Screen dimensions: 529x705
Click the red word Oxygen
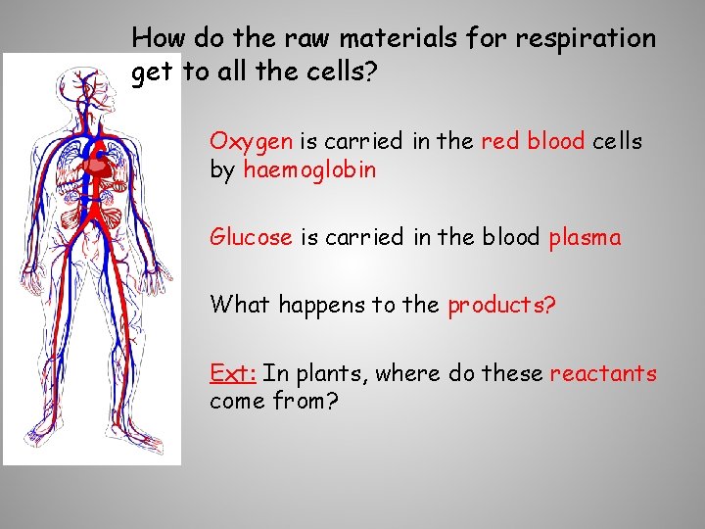(251, 142)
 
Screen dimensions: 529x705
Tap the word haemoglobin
(309, 170)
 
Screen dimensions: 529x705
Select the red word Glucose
(251, 238)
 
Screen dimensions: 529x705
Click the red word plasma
(585, 238)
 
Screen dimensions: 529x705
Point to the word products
(501, 305)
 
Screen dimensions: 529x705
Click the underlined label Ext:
(233, 373)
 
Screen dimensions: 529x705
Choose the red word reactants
(603, 373)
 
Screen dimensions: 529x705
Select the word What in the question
(240, 305)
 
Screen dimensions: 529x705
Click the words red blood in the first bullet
(533, 141)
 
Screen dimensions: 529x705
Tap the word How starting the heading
(159, 39)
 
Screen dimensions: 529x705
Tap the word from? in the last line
(305, 402)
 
